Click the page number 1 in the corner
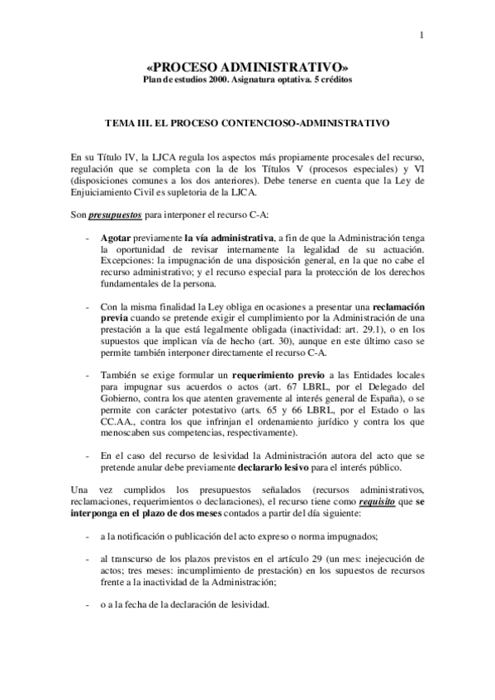421,35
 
